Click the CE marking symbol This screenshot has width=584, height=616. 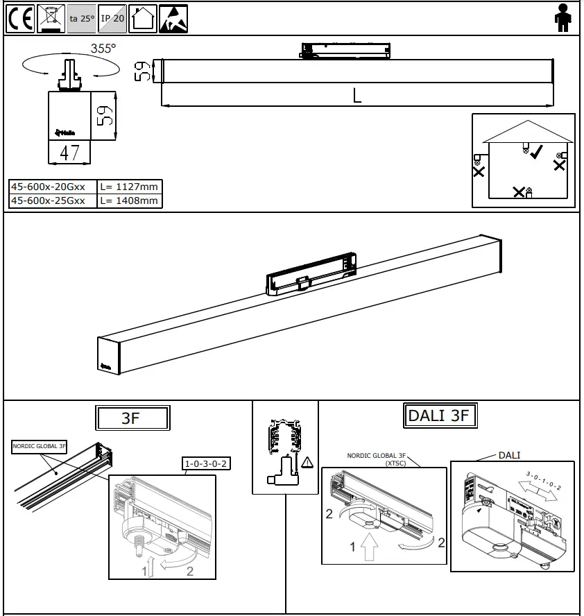[20, 19]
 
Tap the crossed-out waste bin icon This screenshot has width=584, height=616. [51, 19]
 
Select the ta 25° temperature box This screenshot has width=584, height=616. [82, 19]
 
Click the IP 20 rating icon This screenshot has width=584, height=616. [112, 19]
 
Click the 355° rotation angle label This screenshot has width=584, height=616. [103, 49]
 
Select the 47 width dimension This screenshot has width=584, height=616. [69, 152]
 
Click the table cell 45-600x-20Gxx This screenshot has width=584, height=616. [53, 187]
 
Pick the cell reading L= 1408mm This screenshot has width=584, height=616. [129, 200]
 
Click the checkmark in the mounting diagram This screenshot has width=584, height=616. [536, 152]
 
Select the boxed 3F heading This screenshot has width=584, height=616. [132, 418]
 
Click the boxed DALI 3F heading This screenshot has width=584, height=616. [440, 416]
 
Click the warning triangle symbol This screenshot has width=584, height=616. [307, 461]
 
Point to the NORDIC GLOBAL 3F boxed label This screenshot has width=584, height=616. [40, 447]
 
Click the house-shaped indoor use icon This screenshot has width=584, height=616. [143, 19]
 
